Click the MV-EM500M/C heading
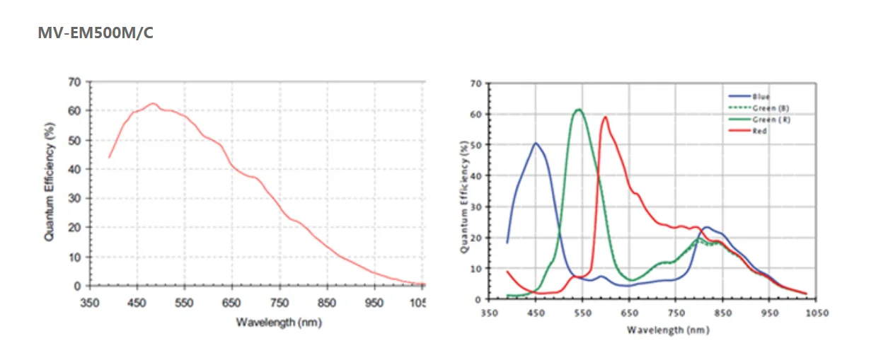[x=95, y=33]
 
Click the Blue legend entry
[x=761, y=96]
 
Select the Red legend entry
[x=760, y=131]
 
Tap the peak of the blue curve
[x=536, y=144]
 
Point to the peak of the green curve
[x=579, y=110]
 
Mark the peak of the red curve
[x=606, y=117]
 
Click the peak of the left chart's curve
[x=152, y=103]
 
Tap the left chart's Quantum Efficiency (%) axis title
[x=50, y=181]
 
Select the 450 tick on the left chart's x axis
[x=137, y=303]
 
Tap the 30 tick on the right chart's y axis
[x=476, y=207]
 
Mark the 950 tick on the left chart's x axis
[x=374, y=303]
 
